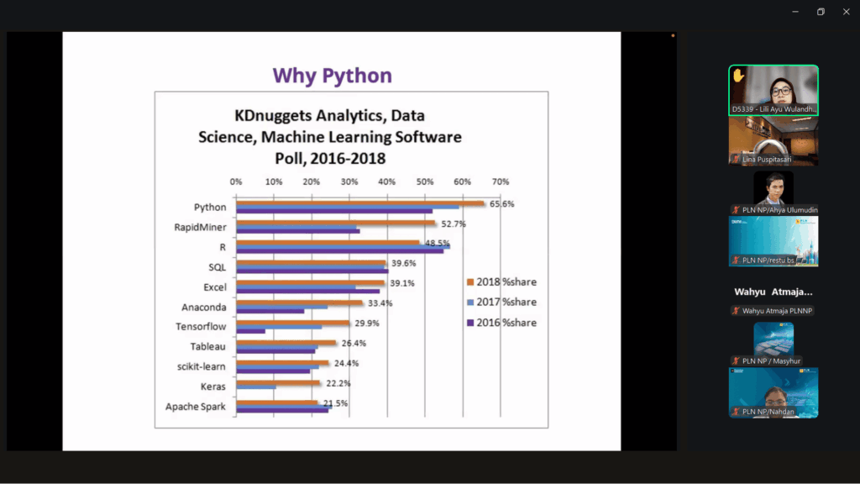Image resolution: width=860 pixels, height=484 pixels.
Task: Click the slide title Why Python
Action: point(332,76)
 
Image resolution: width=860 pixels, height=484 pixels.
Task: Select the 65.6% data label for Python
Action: point(502,204)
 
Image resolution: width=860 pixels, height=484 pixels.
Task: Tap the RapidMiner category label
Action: point(200,227)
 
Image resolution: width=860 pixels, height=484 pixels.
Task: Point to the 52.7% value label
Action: point(453,224)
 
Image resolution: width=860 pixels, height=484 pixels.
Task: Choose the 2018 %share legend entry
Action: point(506,282)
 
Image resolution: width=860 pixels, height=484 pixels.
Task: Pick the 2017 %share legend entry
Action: point(506,302)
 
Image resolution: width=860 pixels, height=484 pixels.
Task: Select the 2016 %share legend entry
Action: point(506,323)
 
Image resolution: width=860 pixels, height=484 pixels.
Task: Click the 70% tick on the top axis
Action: point(501,181)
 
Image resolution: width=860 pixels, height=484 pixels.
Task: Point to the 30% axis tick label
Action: point(349,181)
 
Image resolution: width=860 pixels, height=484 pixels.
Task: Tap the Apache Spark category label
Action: point(195,407)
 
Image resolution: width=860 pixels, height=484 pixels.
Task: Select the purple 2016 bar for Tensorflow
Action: point(251,331)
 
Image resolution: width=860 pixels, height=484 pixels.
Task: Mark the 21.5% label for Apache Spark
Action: point(335,403)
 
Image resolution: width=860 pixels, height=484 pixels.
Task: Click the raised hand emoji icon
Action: point(738,75)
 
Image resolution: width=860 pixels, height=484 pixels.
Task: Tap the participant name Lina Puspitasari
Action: point(767,159)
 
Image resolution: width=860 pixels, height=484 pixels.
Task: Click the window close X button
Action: point(846,12)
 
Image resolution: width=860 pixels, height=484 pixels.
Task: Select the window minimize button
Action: point(795,12)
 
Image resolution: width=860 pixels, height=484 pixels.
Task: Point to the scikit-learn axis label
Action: point(201,366)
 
